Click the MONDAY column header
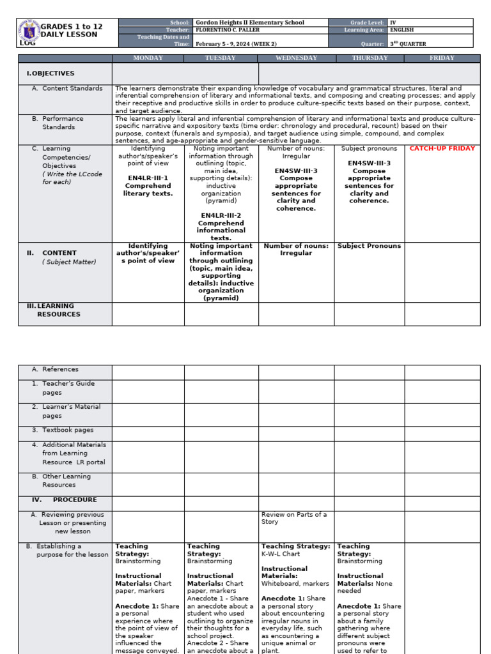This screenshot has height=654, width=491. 148,58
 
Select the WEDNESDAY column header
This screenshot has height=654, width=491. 296,58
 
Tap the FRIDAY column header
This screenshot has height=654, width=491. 442,58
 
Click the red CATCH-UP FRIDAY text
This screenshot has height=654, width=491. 442,149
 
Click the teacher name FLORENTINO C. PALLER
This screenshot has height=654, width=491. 231,30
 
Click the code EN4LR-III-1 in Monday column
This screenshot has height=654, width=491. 148,178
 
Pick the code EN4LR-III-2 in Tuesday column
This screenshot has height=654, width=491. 221,216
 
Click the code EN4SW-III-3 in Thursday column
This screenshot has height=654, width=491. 369,163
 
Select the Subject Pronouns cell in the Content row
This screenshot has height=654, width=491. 369,246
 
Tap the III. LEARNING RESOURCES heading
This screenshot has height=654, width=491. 54,310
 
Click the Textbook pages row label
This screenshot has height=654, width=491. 67,430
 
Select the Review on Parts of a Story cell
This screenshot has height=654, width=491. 293,518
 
